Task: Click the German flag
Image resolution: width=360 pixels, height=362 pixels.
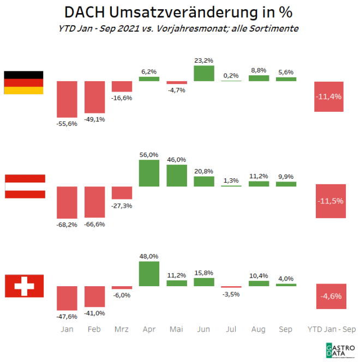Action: tap(23, 82)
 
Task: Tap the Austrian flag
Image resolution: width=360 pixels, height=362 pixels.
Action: tap(25, 186)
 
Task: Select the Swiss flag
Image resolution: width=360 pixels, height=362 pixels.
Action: tap(24, 286)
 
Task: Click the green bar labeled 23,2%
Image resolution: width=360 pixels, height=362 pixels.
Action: tap(204, 73)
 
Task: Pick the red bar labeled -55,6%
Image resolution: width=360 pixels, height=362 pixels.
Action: tap(67, 99)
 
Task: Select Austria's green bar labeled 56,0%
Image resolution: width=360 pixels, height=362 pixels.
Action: tap(149, 173)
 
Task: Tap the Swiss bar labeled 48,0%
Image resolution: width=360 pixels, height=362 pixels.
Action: tap(149, 274)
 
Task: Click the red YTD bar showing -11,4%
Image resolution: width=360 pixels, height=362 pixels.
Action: tap(328, 96)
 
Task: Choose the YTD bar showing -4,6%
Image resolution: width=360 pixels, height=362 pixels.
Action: tap(328, 296)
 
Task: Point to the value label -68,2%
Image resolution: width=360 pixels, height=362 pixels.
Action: tap(67, 224)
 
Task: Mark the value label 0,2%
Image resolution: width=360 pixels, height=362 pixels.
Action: tap(231, 76)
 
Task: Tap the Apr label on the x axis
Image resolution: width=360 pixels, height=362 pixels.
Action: tap(149, 329)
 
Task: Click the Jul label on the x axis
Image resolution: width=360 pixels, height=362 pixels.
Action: tap(231, 329)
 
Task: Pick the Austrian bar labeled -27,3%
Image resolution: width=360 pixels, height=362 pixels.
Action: tap(122, 193)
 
